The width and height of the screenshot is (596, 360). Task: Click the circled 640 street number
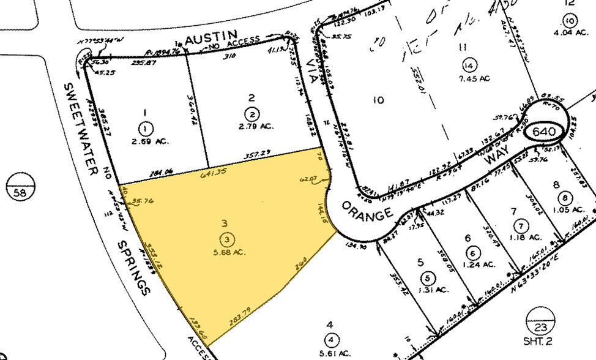(544, 132)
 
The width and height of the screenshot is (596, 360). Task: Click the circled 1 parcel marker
(145, 129)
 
